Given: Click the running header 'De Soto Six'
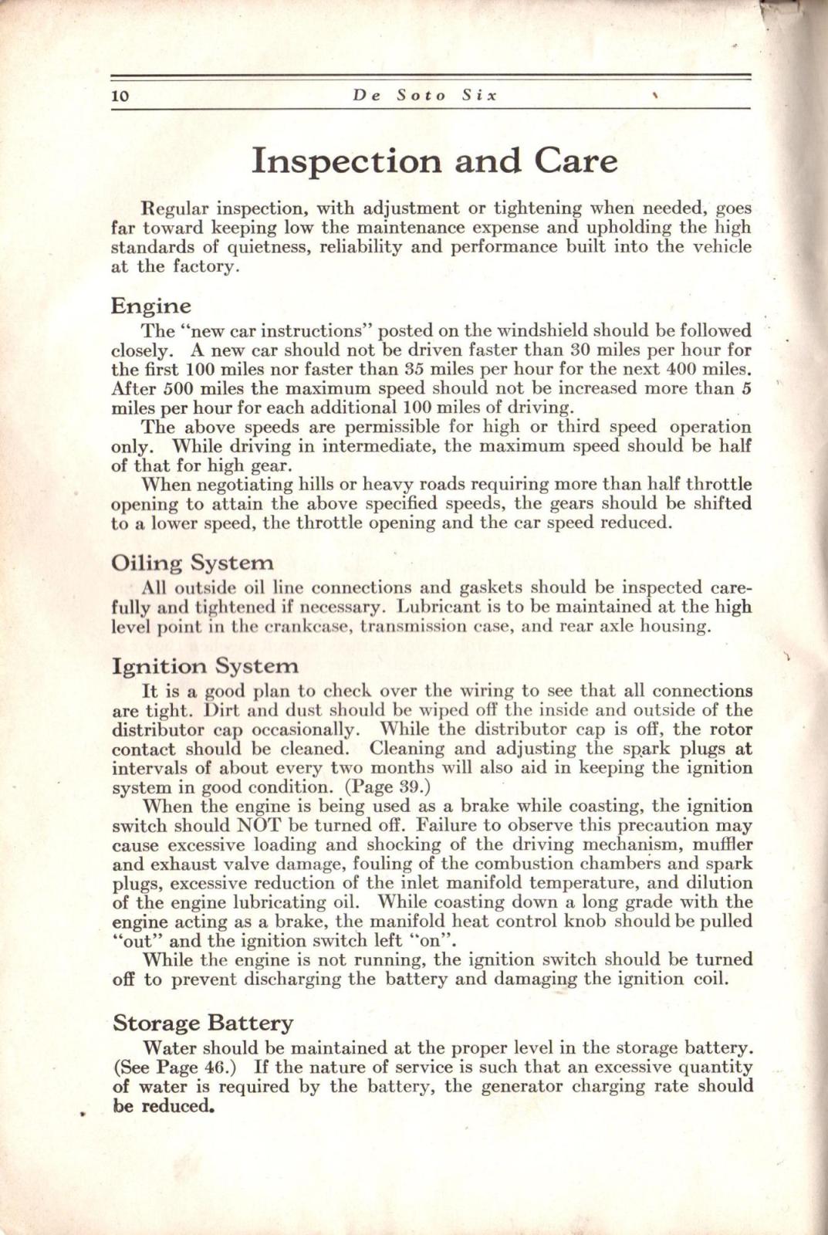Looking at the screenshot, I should pos(425,96).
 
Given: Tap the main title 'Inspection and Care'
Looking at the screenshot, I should pos(434,161).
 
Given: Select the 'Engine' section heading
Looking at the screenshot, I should pos(150,306).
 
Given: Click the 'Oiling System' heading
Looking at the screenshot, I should pos(192,563).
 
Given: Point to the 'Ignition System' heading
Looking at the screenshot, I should pos(204,665).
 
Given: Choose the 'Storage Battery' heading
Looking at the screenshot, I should pos(202,1024).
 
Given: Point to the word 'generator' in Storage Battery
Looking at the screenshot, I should pos(523,1087).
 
